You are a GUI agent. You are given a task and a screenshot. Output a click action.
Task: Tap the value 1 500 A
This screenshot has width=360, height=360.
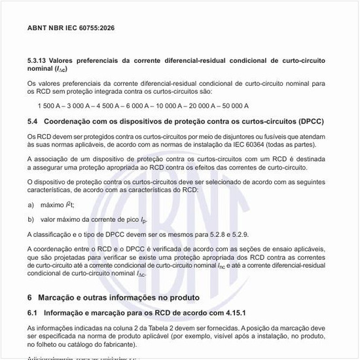tap(50, 105)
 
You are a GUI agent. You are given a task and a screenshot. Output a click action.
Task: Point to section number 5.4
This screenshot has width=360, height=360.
tap(33, 121)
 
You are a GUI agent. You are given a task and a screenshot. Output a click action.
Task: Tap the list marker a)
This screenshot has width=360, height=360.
tap(31, 205)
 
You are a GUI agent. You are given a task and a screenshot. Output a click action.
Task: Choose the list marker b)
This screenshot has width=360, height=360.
tap(31, 219)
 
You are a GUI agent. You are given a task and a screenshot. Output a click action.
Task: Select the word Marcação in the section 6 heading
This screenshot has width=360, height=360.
tap(59, 298)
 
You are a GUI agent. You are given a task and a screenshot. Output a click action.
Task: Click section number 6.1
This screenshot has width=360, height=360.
tap(33, 313)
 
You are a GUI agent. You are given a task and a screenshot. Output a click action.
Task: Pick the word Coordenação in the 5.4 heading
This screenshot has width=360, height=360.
tap(68, 121)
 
